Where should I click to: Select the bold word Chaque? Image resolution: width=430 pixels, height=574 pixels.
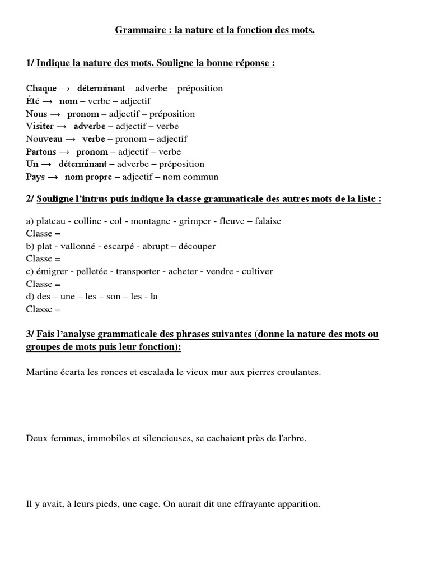[x=41, y=89]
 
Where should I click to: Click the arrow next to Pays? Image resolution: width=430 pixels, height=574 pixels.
[x=53, y=177]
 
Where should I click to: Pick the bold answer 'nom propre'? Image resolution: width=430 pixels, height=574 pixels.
[x=88, y=177]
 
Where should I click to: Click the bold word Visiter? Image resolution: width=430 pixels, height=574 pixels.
[x=40, y=126]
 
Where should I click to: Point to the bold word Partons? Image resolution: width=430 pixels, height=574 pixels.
[x=41, y=152]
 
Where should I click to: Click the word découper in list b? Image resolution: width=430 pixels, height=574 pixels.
[x=196, y=247]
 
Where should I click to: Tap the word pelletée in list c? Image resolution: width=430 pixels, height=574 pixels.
[x=92, y=272]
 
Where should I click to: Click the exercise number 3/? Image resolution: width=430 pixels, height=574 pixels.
[x=30, y=335]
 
